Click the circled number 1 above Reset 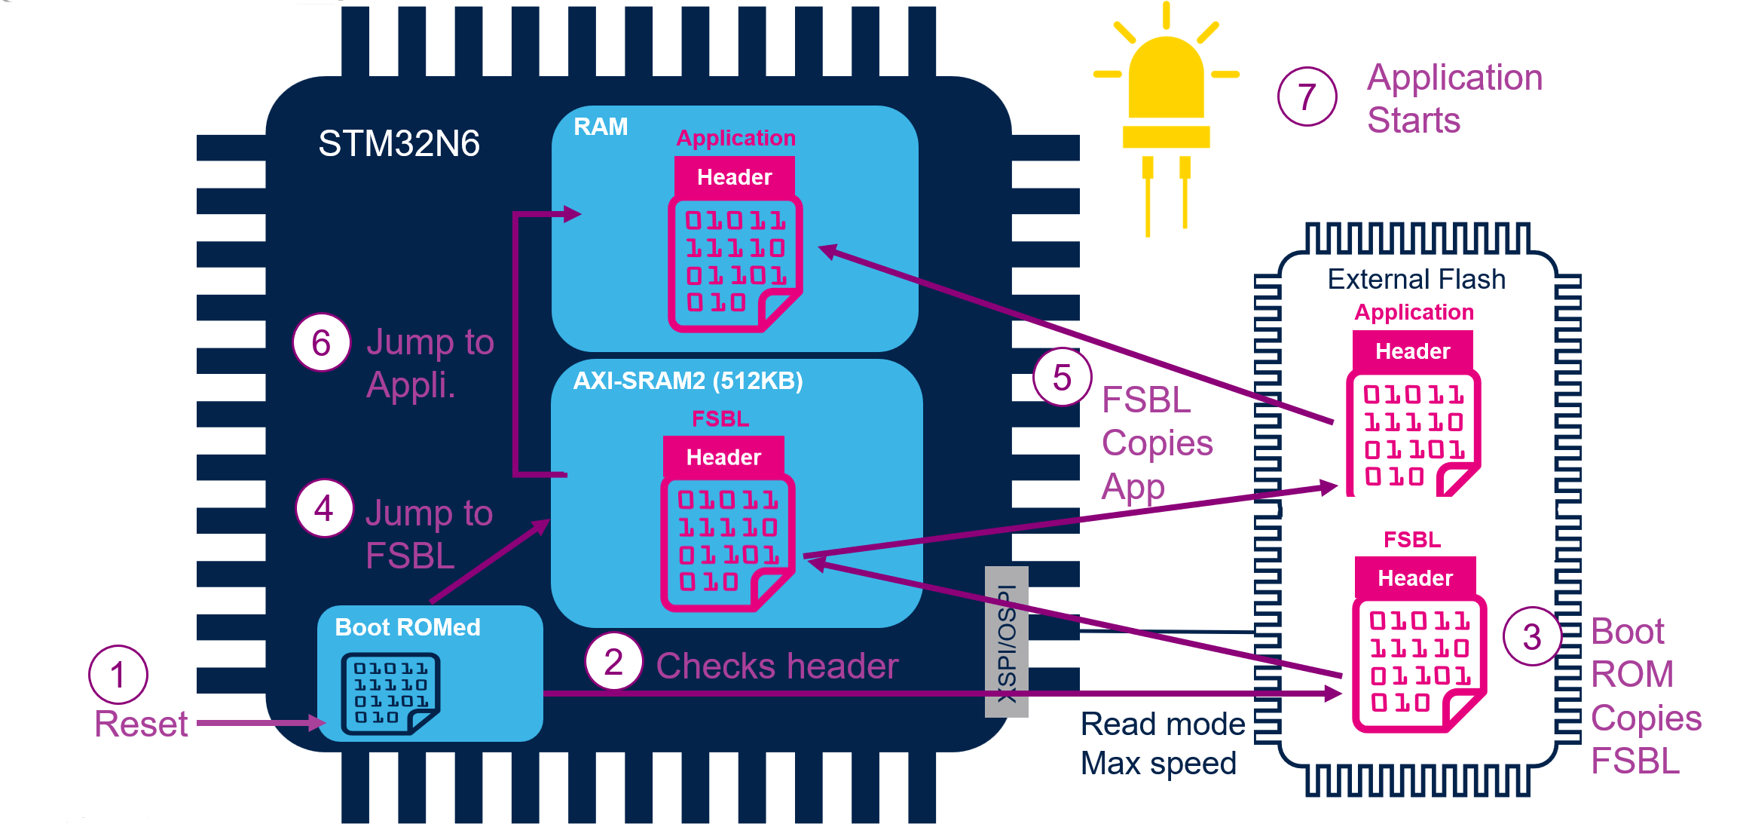pyautogui.click(x=118, y=675)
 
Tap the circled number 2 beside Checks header pyautogui.click(x=613, y=663)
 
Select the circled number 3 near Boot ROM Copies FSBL pyautogui.click(x=1531, y=637)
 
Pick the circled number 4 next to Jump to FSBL pyautogui.click(x=324, y=509)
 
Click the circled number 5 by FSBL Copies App pyautogui.click(x=1062, y=377)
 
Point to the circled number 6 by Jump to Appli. pyautogui.click(x=321, y=344)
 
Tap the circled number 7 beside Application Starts pyautogui.click(x=1307, y=96)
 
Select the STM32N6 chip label pyautogui.click(x=399, y=143)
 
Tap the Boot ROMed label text pyautogui.click(x=407, y=627)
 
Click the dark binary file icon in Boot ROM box pyautogui.click(x=390, y=693)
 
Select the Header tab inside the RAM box pyautogui.click(x=734, y=177)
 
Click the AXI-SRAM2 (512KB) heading pyautogui.click(x=687, y=381)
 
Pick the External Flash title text pyautogui.click(x=1416, y=280)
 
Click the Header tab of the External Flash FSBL pyautogui.click(x=1414, y=578)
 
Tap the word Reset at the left pyautogui.click(x=141, y=724)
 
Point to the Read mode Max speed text pyautogui.click(x=1161, y=743)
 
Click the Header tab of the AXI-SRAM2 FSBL pyautogui.click(x=723, y=457)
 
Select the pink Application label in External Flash pyautogui.click(x=1414, y=312)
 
